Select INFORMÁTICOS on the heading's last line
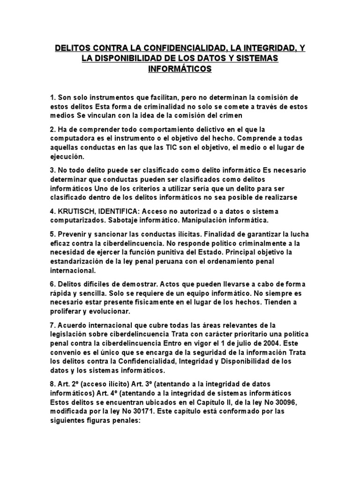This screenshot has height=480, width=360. (x=180, y=69)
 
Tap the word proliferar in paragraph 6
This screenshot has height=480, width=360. (x=66, y=311)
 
